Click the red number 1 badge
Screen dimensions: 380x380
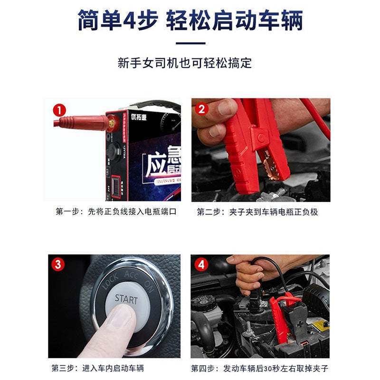coord(59,110)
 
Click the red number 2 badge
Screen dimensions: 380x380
coord(202,110)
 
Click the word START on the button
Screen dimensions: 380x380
coord(126,300)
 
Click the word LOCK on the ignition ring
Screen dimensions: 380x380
coord(111,282)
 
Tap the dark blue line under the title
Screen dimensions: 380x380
coord(190,44)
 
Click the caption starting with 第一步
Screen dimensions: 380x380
coord(116,212)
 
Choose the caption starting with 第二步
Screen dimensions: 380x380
coord(257,212)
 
